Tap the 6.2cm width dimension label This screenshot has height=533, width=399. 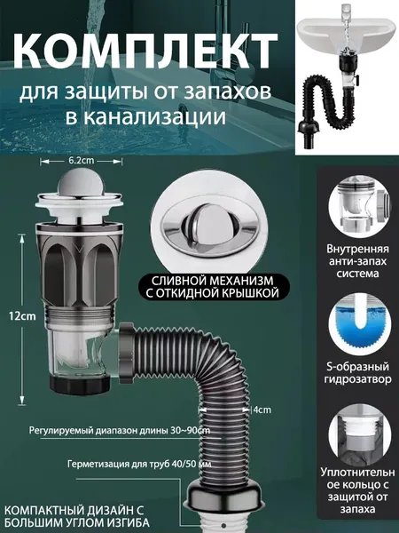coord(81,161)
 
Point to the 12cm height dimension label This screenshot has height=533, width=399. coord(22,316)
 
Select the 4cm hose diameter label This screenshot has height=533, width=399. coord(262,410)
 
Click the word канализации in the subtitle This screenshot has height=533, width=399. coord(145,117)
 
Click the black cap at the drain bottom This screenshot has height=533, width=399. coord(80,384)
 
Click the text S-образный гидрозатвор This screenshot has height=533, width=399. coord(357,373)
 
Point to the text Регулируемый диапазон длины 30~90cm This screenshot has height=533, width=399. coord(120,431)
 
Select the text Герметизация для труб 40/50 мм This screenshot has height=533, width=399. coord(139,464)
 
